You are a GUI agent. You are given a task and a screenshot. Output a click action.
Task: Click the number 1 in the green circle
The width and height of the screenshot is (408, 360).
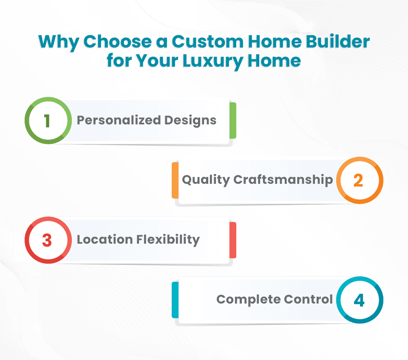coord(47,121)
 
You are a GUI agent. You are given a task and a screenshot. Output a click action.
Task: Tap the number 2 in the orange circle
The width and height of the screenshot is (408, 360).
coord(358,180)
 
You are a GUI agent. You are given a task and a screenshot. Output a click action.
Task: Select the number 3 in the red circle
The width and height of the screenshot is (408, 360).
coord(47,240)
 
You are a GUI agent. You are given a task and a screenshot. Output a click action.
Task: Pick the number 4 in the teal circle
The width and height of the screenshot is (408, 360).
coord(359,300)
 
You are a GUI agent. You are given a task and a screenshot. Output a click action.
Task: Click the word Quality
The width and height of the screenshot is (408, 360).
coord(206,180)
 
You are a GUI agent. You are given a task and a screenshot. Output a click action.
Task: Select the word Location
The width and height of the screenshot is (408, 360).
coord(105,239)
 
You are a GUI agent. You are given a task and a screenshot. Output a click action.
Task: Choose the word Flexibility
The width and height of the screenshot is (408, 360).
coord(168,239)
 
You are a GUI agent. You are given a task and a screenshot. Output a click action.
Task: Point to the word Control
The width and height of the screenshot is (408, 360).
coord(310,299)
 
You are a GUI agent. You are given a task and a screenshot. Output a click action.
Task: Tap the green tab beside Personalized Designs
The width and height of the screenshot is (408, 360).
coord(232,121)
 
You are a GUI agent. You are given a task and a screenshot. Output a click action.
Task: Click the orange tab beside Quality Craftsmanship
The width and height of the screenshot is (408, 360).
coord(175,180)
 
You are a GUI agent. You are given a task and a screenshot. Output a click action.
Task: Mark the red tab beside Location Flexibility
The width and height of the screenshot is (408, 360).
coord(232,240)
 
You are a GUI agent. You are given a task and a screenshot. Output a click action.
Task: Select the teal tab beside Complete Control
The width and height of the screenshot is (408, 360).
coord(175,300)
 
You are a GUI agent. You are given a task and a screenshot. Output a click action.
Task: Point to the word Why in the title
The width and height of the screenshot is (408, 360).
coord(58,42)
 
